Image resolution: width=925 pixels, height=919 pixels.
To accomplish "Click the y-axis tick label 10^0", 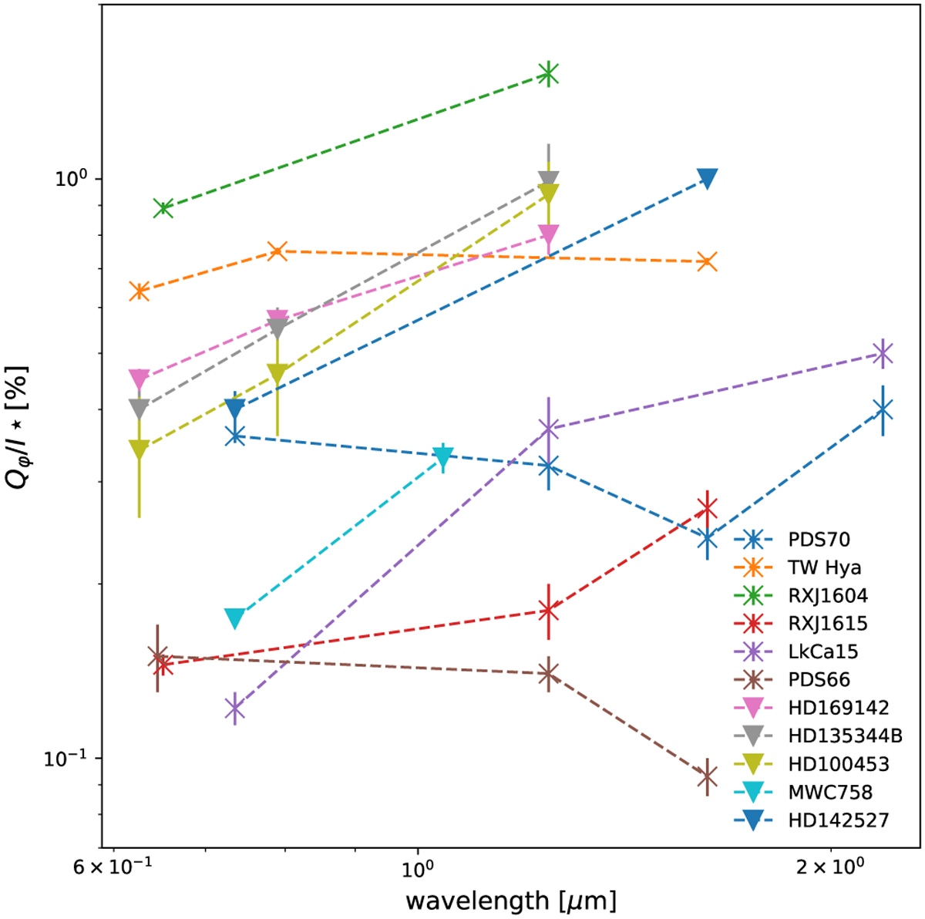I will click(68, 178).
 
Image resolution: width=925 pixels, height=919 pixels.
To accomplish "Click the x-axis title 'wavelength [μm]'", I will click(510, 899).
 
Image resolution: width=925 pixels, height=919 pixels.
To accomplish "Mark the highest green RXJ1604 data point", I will click(548, 74).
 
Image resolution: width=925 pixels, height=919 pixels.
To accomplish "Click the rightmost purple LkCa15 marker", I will click(883, 353).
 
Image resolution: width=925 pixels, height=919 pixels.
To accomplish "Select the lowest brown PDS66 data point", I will click(707, 776).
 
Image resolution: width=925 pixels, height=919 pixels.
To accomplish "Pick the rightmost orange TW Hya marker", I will click(707, 262).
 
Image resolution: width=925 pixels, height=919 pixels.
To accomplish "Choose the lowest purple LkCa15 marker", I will click(235, 708).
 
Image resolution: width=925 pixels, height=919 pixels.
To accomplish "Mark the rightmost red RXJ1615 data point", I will click(707, 507).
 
